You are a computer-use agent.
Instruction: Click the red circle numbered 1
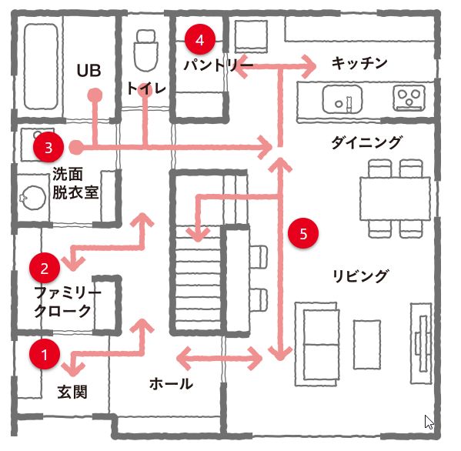[45, 354]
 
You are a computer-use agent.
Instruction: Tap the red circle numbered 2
[45, 268]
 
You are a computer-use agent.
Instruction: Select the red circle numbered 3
[48, 147]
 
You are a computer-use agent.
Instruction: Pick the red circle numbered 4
[200, 39]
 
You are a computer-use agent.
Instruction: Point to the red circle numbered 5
[303, 233]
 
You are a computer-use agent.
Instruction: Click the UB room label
[89, 71]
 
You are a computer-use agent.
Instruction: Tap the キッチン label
[359, 63]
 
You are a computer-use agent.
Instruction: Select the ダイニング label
[366, 142]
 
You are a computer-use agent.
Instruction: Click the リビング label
[360, 276]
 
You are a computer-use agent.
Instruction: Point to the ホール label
[171, 384]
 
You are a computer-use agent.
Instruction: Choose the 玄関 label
[72, 392]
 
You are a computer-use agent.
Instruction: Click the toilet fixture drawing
[145, 50]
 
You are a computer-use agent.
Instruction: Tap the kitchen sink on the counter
[342, 99]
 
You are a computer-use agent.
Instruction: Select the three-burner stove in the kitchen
[409, 99]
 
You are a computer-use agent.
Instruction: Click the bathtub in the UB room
[41, 67]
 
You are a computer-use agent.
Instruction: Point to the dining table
[395, 199]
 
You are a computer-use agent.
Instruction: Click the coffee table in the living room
[367, 345]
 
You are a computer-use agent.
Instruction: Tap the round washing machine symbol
[34, 197]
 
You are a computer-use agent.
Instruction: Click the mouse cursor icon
[429, 423]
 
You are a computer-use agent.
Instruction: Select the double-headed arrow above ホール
[219, 359]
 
